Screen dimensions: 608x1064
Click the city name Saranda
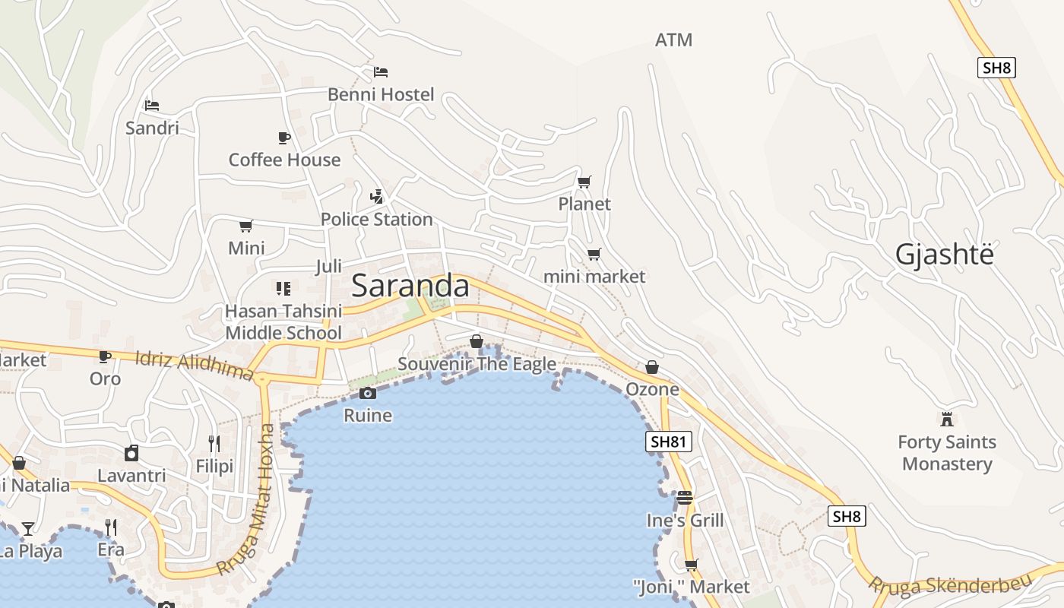pyautogui.click(x=410, y=286)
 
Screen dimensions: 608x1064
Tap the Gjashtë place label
pyautogui.click(x=944, y=255)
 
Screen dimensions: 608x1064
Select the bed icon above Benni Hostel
pyautogui.click(x=381, y=72)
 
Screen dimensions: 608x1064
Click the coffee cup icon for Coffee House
pyautogui.click(x=284, y=138)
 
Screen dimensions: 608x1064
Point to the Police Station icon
pyautogui.click(x=376, y=197)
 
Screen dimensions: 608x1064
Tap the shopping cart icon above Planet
pyautogui.click(x=584, y=182)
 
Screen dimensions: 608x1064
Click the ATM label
pyautogui.click(x=673, y=40)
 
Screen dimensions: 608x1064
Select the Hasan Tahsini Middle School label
pyautogui.click(x=283, y=321)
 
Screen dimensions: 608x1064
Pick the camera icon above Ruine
pyautogui.click(x=368, y=393)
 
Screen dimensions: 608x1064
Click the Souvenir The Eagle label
pyautogui.click(x=477, y=364)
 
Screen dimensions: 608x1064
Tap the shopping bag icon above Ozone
pyautogui.click(x=652, y=368)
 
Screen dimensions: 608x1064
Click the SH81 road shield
pyautogui.click(x=669, y=442)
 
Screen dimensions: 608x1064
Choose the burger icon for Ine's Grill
pyautogui.click(x=685, y=498)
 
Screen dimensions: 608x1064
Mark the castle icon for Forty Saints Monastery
pyautogui.click(x=947, y=419)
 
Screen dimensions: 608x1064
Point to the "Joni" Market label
pyautogui.click(x=691, y=587)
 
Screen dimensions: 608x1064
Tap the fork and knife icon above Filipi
pyautogui.click(x=214, y=444)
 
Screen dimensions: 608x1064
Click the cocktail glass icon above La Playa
pyautogui.click(x=28, y=528)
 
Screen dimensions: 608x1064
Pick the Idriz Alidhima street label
pyautogui.click(x=194, y=366)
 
